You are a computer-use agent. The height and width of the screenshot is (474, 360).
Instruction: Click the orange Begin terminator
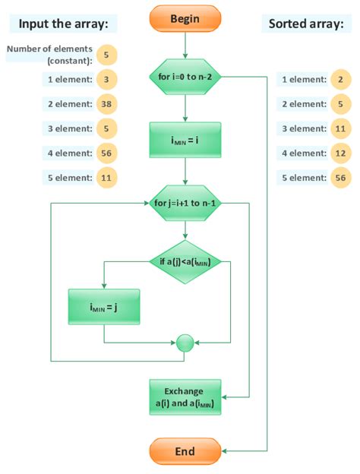click(185, 19)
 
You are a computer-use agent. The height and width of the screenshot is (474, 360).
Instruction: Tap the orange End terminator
click(185, 451)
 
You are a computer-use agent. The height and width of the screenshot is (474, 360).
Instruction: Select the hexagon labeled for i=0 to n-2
click(185, 77)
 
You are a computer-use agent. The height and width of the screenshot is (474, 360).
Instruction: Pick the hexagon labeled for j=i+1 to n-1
click(185, 204)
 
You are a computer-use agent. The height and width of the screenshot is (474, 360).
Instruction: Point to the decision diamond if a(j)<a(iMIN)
click(185, 262)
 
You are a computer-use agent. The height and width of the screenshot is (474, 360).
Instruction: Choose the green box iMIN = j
click(103, 308)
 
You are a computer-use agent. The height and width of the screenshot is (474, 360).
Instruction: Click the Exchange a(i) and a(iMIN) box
click(185, 397)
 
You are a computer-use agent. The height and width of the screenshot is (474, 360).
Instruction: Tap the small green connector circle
click(185, 343)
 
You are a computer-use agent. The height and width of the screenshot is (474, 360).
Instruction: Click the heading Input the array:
click(63, 24)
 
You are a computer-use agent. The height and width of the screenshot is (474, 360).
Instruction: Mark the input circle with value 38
click(107, 103)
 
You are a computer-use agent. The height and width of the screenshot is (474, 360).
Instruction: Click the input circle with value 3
click(107, 78)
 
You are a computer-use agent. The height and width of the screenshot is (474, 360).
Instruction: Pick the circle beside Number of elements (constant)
click(107, 54)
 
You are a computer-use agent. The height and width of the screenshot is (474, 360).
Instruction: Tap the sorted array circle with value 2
click(341, 79)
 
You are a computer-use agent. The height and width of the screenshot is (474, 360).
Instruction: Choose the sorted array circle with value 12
click(341, 153)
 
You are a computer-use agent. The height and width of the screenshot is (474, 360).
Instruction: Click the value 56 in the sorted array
click(341, 178)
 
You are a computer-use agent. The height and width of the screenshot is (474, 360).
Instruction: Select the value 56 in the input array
click(107, 153)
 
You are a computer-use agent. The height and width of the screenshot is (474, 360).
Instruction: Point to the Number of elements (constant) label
click(50, 55)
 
